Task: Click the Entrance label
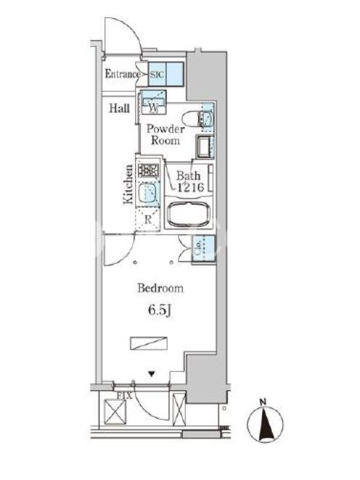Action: click(122, 74)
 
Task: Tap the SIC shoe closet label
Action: click(157, 74)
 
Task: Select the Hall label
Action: click(119, 108)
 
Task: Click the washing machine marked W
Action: click(154, 102)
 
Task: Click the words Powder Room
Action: click(166, 134)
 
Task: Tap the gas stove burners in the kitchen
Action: click(148, 170)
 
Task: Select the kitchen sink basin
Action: click(148, 193)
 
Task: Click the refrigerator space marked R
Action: click(148, 219)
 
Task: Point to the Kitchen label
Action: click(128, 184)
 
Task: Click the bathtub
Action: click(188, 214)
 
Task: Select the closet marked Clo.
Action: click(203, 248)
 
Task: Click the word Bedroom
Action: click(160, 289)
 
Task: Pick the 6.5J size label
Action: click(159, 310)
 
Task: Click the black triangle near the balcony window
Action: click(152, 373)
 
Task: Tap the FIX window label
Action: click(124, 395)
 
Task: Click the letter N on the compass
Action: click(262, 402)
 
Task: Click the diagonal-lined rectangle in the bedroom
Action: click(149, 343)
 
